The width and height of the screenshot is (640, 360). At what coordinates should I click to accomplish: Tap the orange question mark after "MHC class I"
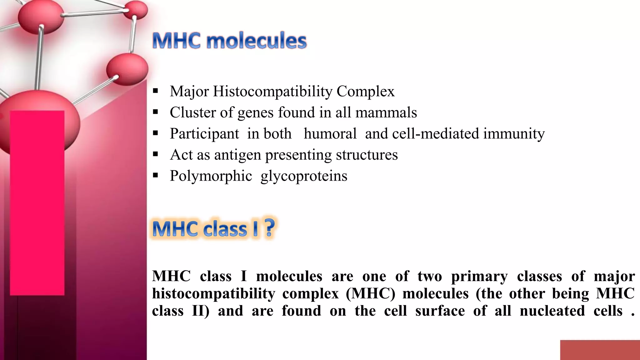(269, 228)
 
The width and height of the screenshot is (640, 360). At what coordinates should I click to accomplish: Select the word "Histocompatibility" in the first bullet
(272, 91)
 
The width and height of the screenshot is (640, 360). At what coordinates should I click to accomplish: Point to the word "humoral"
(330, 133)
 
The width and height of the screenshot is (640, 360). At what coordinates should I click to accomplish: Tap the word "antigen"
(237, 155)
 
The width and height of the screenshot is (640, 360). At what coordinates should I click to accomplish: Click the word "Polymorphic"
(211, 176)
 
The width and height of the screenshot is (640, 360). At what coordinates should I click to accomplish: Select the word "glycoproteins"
(304, 176)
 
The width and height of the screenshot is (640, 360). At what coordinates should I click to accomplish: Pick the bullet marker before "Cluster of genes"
(156, 112)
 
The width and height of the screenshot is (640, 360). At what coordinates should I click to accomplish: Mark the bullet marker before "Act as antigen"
(156, 154)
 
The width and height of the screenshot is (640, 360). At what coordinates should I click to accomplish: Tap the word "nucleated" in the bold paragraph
(552, 311)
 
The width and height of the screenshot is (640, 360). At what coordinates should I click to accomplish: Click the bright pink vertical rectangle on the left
(37, 203)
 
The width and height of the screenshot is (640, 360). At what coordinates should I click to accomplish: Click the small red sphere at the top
(136, 9)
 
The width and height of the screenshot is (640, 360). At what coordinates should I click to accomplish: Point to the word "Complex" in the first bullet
(365, 91)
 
